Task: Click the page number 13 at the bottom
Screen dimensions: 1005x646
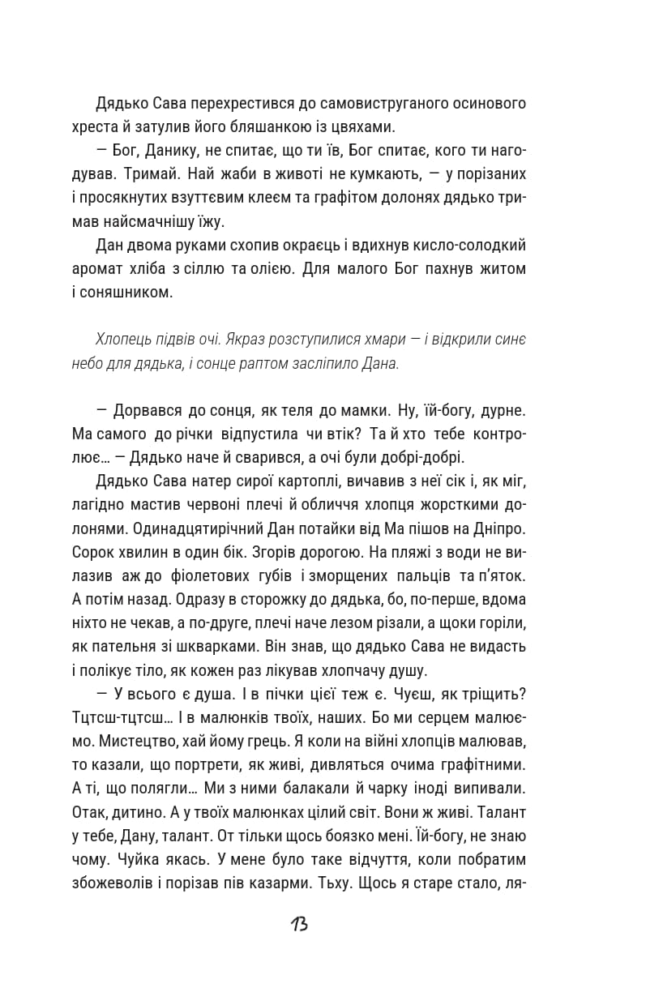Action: pyautogui.click(x=298, y=924)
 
